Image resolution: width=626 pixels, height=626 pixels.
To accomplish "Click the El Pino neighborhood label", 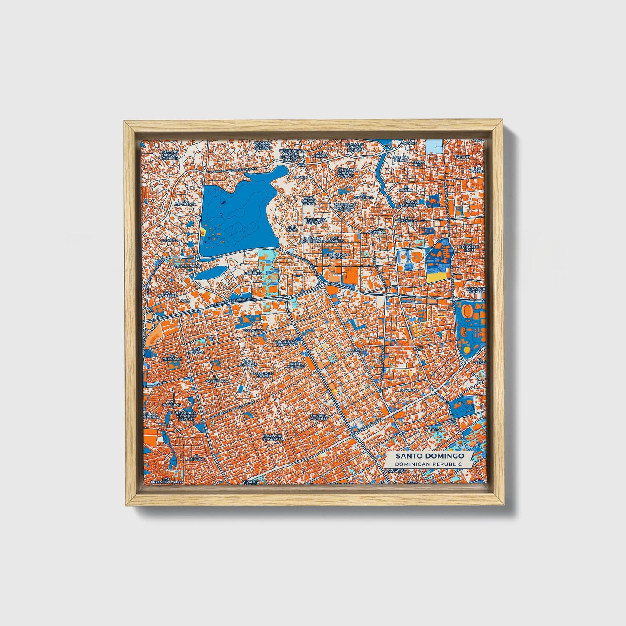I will pos(299,177).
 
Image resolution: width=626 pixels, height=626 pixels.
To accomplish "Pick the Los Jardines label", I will pos(253,272).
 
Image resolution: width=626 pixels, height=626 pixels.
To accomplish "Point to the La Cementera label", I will pos(406,220).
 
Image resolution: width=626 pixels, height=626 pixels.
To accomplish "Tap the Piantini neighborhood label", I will pos(358,350).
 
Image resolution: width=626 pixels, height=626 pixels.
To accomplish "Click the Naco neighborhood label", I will pos(418,349).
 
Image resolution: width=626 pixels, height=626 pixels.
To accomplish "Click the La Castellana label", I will pos(217,381).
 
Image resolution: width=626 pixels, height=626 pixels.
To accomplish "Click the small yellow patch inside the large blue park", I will pos(203,232).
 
